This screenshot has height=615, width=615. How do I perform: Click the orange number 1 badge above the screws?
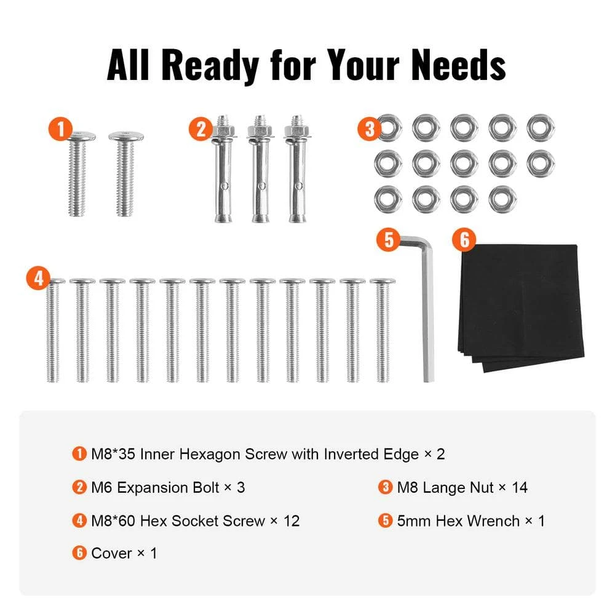coord(60,130)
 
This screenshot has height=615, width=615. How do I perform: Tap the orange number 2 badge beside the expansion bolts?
coord(201,130)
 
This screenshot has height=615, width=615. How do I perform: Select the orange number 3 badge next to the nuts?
coord(370,130)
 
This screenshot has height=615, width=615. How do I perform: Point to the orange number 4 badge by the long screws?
coord(39,279)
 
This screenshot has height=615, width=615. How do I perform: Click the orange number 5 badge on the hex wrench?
coord(388,239)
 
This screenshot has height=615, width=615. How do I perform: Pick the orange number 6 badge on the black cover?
coord(464,239)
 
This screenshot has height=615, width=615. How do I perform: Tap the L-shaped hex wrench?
coord(426,307)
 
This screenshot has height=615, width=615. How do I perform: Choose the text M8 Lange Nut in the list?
coord(443,488)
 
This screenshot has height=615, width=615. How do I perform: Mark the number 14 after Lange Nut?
coord(519,488)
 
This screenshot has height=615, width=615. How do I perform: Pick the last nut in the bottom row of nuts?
coord(502,198)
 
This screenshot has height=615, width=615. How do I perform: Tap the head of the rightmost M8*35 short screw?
coord(125,136)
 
